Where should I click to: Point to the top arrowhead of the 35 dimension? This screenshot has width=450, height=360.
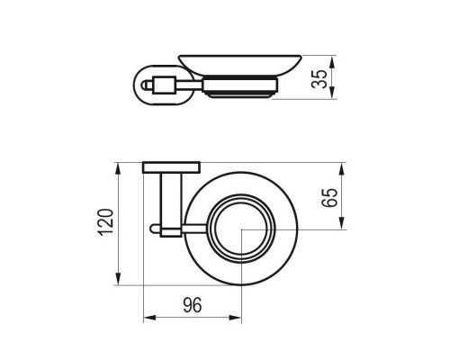pos(334,60)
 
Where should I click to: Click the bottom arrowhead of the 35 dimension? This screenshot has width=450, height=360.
pos(334,95)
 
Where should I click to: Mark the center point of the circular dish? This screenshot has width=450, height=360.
pos(241,229)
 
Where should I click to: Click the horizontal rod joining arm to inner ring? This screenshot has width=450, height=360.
pos(193,229)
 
